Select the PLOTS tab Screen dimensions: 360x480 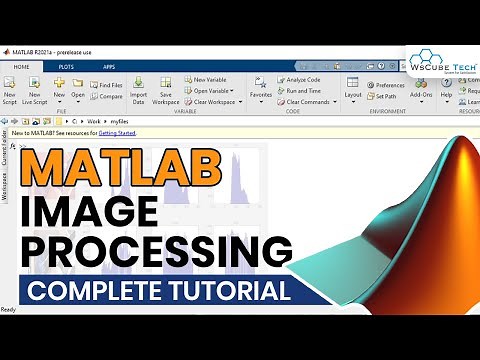(65, 66)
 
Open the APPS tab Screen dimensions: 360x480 (108, 66)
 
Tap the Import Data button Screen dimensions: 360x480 (138, 91)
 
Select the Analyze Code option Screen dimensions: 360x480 (302, 79)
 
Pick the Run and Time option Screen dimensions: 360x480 (303, 90)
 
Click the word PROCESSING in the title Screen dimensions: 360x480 (160, 249)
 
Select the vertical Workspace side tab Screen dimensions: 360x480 (5, 185)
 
